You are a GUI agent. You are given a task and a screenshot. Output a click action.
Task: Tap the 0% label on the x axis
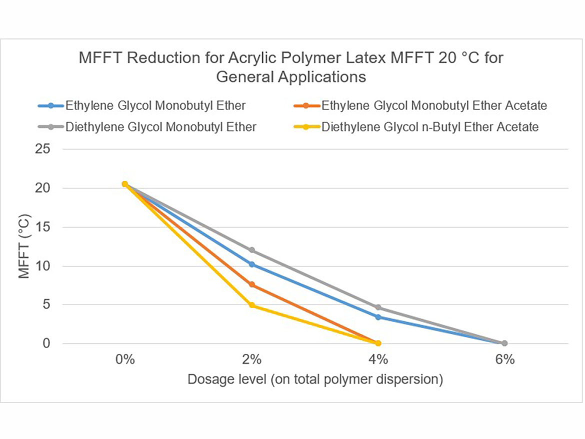click(x=125, y=360)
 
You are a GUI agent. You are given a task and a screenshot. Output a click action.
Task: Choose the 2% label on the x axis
click(x=251, y=360)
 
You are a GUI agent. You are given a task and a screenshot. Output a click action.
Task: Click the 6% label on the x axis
click(x=504, y=360)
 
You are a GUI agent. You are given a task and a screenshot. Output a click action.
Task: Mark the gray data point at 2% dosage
click(x=251, y=250)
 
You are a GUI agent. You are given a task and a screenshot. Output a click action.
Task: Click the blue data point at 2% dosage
click(x=251, y=264)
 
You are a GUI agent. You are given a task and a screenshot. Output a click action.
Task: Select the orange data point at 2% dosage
click(x=251, y=284)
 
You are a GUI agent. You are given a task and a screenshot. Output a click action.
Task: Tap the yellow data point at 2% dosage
click(x=251, y=305)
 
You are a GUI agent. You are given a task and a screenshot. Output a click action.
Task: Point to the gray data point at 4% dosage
click(x=378, y=307)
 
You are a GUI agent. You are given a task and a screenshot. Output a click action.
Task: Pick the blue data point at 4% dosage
click(x=378, y=317)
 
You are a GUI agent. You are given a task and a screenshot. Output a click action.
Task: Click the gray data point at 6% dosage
click(x=504, y=343)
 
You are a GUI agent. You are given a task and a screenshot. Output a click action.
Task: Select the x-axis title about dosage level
click(x=315, y=379)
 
